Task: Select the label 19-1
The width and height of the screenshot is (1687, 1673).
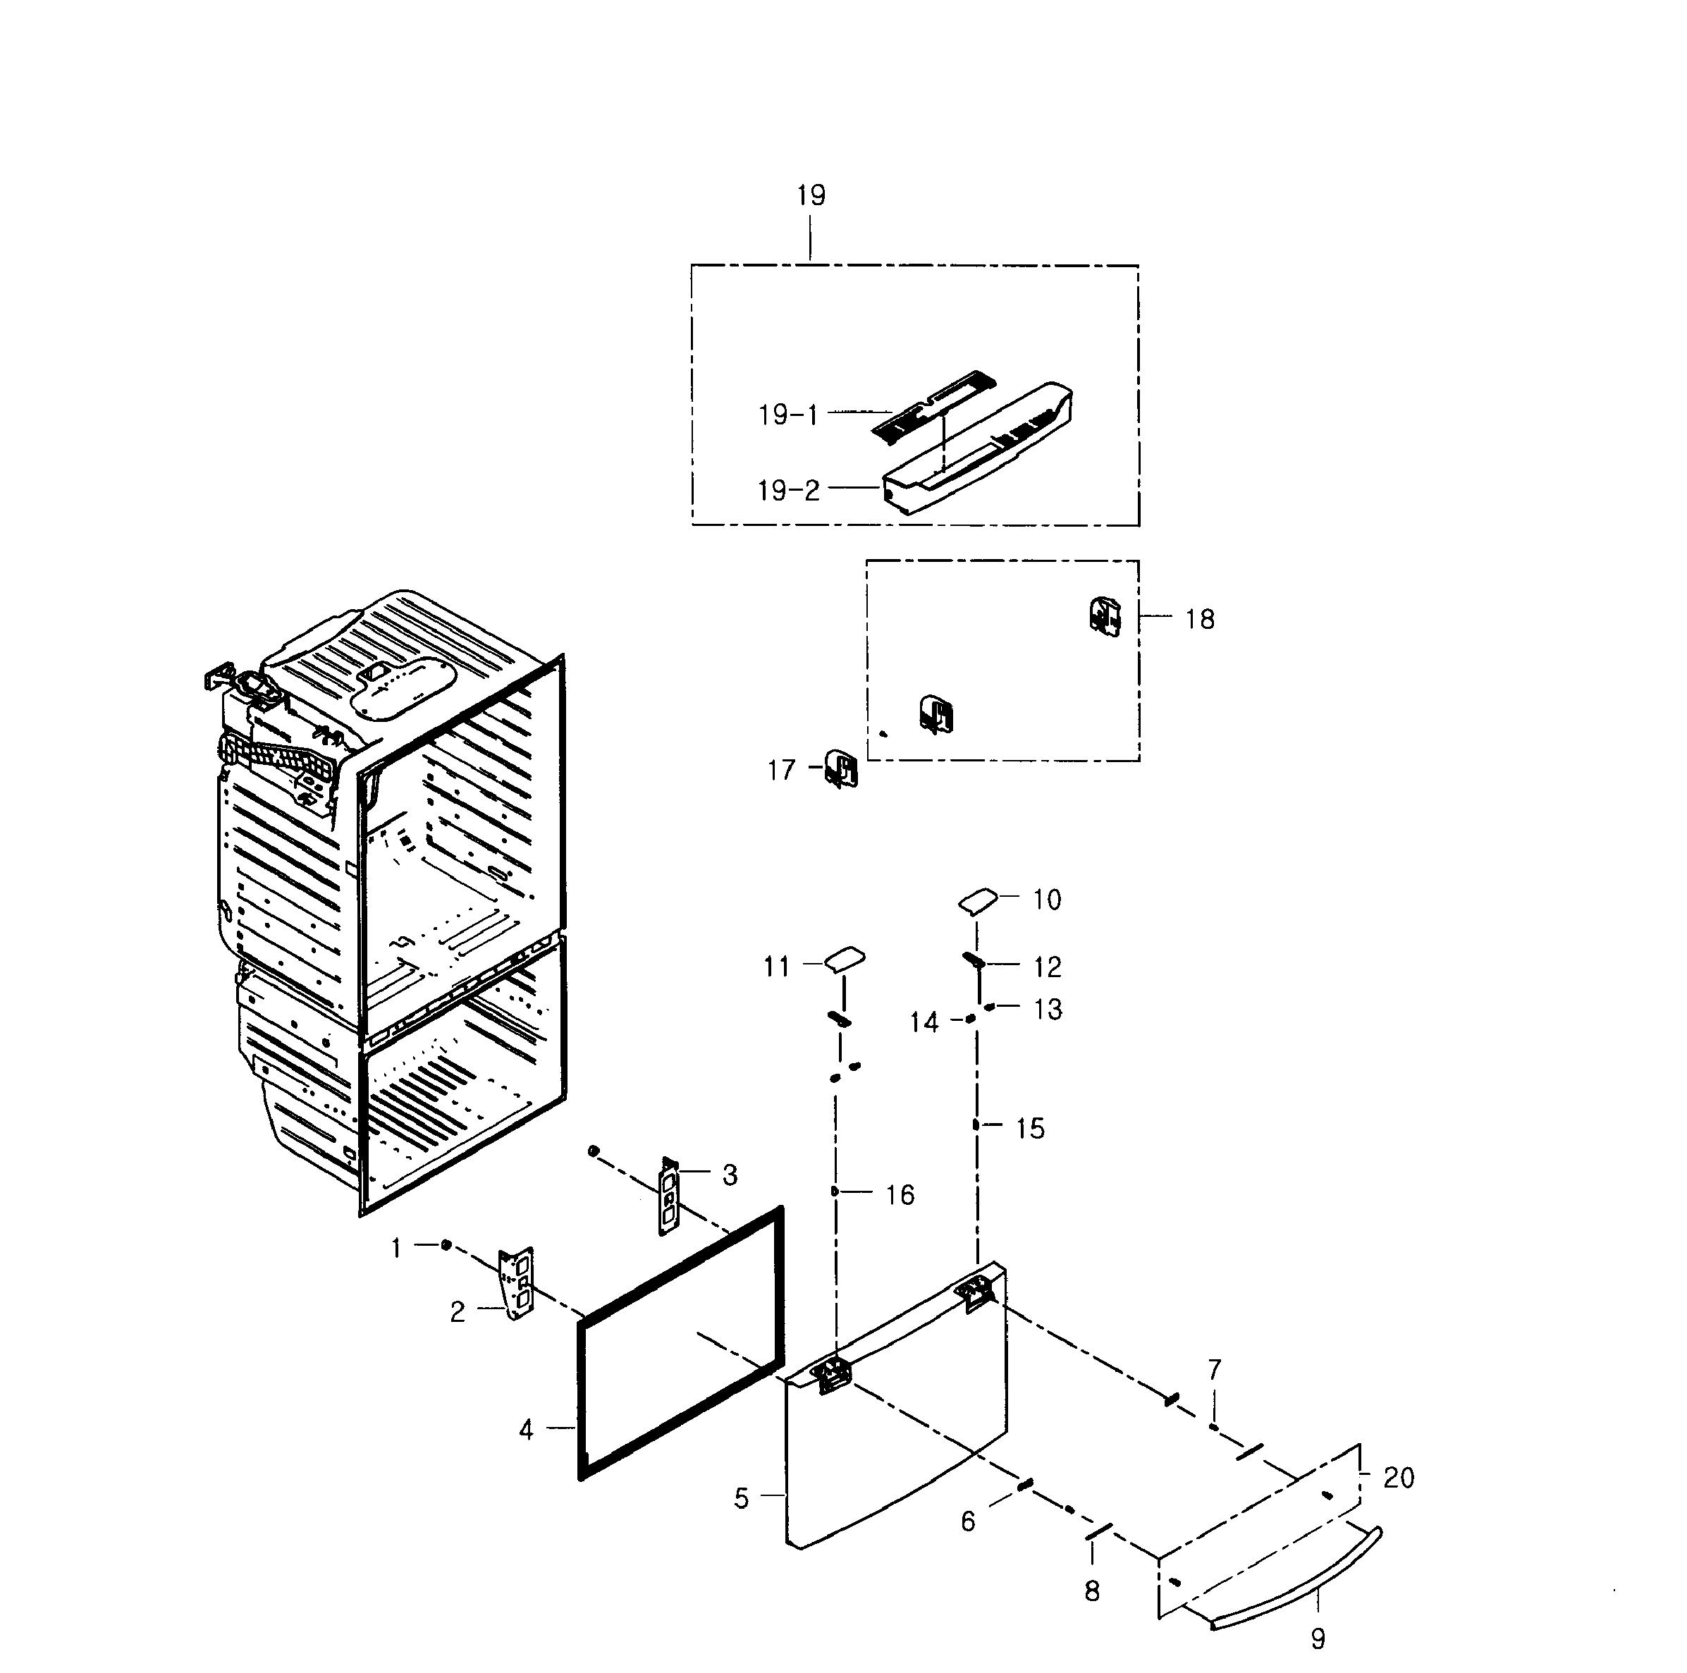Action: pyautogui.click(x=788, y=415)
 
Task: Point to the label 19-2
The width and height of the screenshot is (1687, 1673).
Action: pyautogui.click(x=788, y=491)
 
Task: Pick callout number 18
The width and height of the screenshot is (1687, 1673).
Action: pyautogui.click(x=1200, y=619)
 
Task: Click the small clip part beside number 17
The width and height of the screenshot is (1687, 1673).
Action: pyautogui.click(x=842, y=769)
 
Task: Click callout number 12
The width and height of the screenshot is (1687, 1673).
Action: pyautogui.click(x=1047, y=967)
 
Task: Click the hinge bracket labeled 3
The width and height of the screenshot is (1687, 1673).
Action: pyautogui.click(x=669, y=1197)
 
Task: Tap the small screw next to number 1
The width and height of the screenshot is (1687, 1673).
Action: pyautogui.click(x=446, y=1244)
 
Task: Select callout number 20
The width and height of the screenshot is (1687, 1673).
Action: pyautogui.click(x=1398, y=1478)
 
